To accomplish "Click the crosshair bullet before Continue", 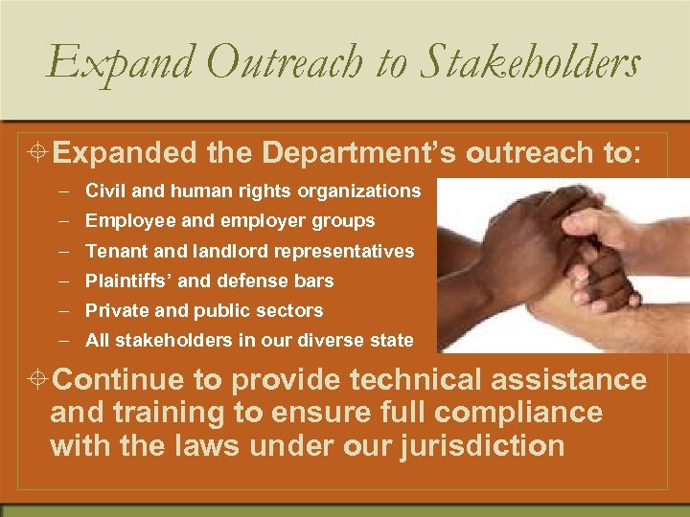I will [x=38, y=380].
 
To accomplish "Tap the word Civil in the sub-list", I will [x=103, y=191].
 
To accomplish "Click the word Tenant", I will [x=113, y=251].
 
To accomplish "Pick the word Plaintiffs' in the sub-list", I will [x=127, y=281].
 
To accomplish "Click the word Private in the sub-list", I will [x=114, y=310].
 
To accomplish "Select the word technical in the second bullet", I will [x=417, y=380].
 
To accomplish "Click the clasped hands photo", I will [x=562, y=265].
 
